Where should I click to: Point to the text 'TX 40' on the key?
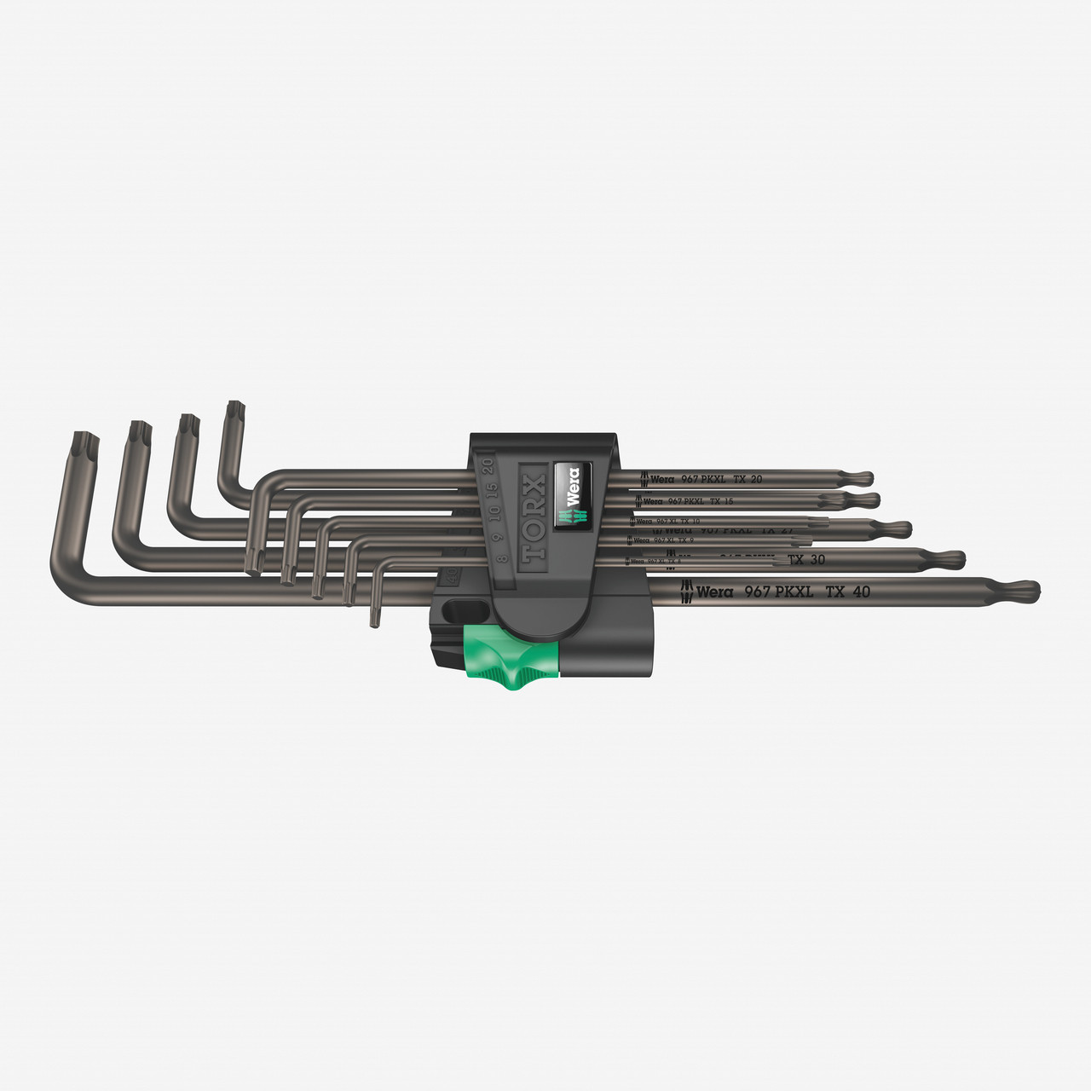coord(847,591)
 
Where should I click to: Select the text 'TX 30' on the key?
coord(806,560)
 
